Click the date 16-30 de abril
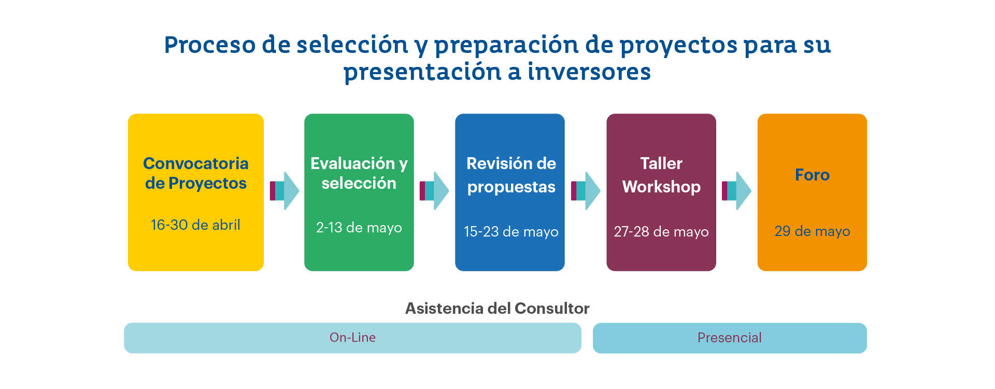[x=195, y=225]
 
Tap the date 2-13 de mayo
[x=359, y=228]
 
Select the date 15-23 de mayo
[x=511, y=231]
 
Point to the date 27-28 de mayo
[x=661, y=231]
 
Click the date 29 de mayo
[x=812, y=231]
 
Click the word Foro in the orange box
[x=812, y=175]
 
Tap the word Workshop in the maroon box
[x=661, y=187]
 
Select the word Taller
[x=661, y=163]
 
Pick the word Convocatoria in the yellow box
[x=196, y=163]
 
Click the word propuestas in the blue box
[x=511, y=187]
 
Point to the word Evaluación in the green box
[x=353, y=163]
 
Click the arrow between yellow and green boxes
[x=285, y=191]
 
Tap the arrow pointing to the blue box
[x=434, y=191]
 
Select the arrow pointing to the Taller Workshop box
[x=586, y=191]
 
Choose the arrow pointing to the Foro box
[x=736, y=191]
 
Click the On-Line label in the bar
[x=352, y=338]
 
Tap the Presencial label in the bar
[x=730, y=338]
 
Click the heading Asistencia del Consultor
[x=497, y=309]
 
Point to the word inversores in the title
[x=589, y=72]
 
